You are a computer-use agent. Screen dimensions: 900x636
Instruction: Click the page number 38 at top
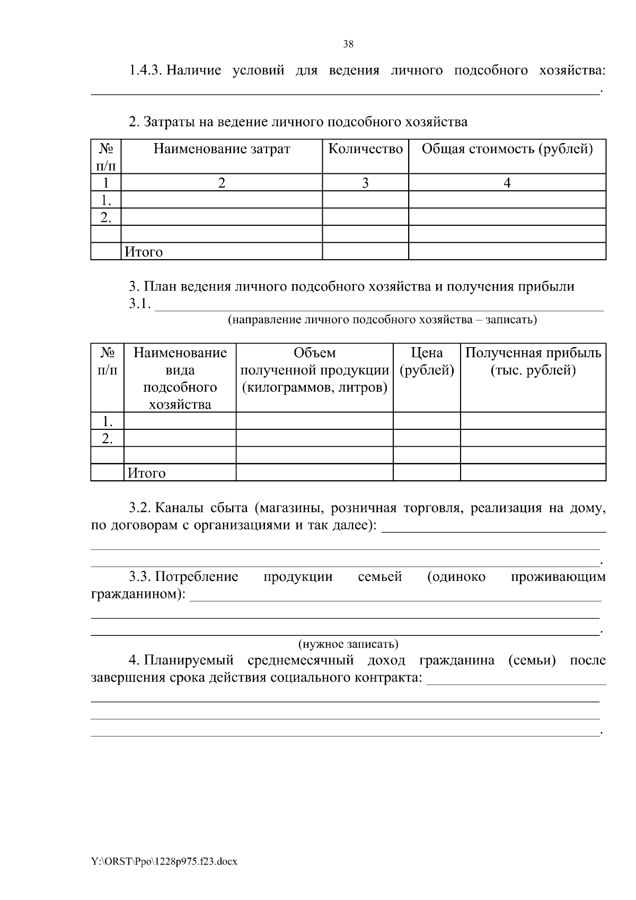(348, 45)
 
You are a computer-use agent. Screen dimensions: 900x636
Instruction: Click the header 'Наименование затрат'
(222, 149)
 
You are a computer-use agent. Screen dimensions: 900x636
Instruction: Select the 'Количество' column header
(365, 149)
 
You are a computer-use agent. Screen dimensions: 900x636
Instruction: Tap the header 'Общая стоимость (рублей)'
(507, 149)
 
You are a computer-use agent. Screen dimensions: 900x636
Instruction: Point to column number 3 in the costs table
(365, 183)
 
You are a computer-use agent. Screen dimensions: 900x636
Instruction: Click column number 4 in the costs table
(507, 183)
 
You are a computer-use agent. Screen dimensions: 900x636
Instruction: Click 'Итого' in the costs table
(144, 252)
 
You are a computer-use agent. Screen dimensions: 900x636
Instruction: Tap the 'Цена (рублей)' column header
(427, 361)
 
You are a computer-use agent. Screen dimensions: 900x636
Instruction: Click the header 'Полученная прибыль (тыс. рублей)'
(533, 361)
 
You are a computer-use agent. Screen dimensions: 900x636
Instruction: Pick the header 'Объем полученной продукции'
(315, 370)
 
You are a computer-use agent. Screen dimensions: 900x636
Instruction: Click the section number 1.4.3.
(145, 70)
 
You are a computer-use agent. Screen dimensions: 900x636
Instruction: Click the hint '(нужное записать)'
(348, 644)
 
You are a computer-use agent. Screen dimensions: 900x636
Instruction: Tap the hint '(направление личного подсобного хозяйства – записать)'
(382, 320)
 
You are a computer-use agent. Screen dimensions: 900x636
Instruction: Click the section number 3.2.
(140, 508)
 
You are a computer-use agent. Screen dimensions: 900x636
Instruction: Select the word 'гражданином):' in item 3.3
(138, 594)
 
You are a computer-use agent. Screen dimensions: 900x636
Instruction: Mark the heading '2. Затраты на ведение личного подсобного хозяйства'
(298, 122)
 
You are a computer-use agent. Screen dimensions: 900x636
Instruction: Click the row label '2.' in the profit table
(108, 438)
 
